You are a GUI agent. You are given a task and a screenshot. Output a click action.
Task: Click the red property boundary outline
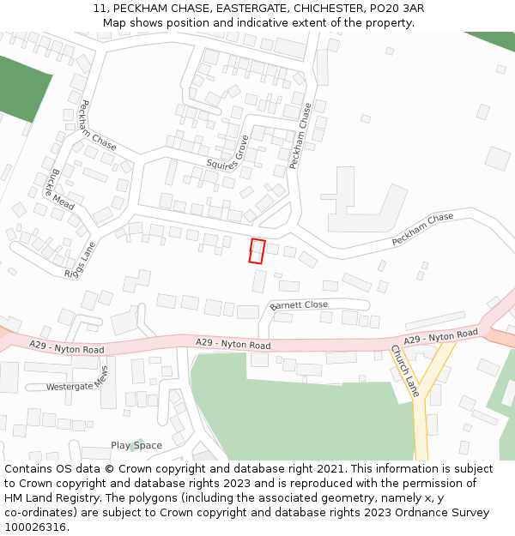pos(257,251)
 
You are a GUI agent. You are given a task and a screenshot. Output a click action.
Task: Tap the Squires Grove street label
pos(227,153)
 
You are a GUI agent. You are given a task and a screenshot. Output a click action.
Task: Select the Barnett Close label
pos(299,305)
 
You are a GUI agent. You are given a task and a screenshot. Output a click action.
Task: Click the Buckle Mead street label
pos(62,189)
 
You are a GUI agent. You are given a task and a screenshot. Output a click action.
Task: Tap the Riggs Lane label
pos(80,260)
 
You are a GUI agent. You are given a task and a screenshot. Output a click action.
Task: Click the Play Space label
pos(136,445)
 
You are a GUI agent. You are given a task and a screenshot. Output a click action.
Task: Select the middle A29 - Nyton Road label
pos(233,344)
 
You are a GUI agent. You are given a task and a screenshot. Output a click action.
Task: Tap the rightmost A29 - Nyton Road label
pos(440,337)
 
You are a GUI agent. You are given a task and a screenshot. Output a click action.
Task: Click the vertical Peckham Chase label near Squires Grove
pos(300,136)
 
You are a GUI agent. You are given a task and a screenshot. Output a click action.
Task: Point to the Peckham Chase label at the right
pos(422,230)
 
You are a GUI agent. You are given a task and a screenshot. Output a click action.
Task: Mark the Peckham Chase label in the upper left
pos(97,124)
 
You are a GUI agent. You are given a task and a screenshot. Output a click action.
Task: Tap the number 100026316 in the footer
pos(35,527)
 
